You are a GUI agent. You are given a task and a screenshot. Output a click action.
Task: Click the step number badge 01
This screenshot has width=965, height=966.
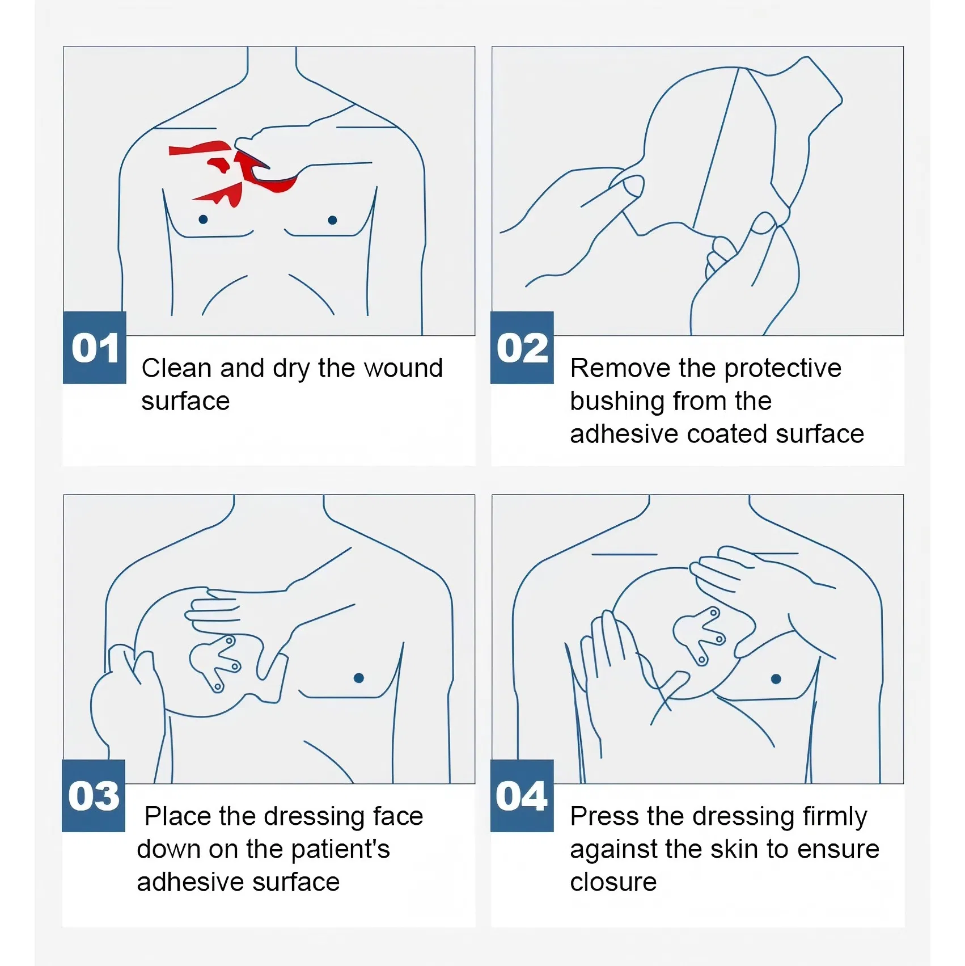[95, 347]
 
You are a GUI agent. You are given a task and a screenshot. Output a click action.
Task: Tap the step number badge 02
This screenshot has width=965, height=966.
[522, 347]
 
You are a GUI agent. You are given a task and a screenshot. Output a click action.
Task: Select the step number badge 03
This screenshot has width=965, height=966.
[94, 795]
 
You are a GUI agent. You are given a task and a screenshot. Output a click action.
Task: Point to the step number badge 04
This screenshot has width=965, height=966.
[522, 795]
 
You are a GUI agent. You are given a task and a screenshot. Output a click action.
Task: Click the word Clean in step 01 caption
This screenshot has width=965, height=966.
[176, 368]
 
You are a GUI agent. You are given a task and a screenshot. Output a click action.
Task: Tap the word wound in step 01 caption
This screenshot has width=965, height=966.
[403, 368]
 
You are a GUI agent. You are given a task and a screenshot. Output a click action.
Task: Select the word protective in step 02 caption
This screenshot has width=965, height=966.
[783, 368]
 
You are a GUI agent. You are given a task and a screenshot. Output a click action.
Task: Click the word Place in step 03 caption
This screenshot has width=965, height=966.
[179, 817]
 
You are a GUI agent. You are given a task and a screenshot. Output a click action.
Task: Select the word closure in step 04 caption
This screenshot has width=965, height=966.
[613, 883]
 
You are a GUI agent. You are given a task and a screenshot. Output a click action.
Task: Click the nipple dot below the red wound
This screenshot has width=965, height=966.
[203, 219]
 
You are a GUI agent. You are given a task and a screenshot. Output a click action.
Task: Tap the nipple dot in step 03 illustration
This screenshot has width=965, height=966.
[358, 678]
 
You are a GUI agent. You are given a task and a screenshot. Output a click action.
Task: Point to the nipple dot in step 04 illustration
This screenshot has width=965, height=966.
[776, 679]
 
